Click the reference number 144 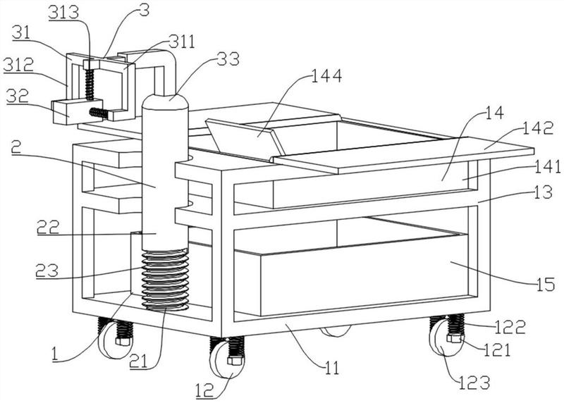point(326,76)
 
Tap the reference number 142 point(537,128)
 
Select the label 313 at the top point(63,13)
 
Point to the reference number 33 point(228,59)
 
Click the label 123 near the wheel point(474,383)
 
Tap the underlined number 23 point(47,271)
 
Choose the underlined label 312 point(19,65)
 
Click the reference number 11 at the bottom point(331,368)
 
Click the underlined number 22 point(49,227)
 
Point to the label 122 point(510,326)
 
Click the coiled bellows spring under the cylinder point(166,278)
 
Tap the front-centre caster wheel point(227,359)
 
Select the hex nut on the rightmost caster point(454,338)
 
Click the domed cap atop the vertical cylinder point(166,101)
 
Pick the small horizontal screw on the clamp point(99,113)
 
